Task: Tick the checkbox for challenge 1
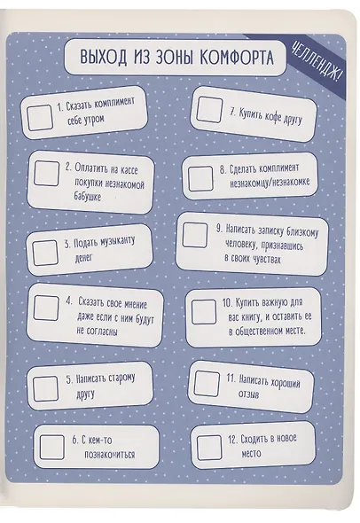(x=40, y=117)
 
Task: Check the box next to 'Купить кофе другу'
(x=209, y=110)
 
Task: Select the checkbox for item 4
(x=46, y=308)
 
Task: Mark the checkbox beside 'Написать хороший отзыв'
(x=207, y=383)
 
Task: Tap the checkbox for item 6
(x=51, y=448)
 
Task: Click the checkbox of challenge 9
(x=195, y=235)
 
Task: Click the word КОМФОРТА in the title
(x=237, y=57)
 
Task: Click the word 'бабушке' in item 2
(x=88, y=196)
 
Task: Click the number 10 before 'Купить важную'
(x=227, y=303)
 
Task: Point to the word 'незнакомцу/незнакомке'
(x=270, y=182)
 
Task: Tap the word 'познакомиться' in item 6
(x=110, y=454)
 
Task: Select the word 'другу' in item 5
(x=86, y=395)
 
